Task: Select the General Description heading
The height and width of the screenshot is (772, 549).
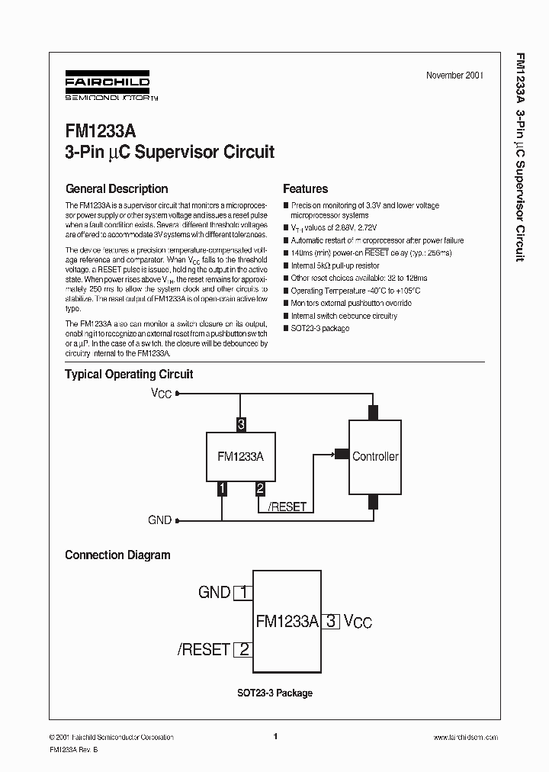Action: [x=117, y=189]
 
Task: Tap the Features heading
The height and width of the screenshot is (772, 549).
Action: [x=305, y=189]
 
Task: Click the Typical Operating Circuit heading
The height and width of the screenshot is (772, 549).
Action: [x=129, y=375]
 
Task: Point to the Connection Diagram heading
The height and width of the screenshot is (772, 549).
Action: [x=117, y=555]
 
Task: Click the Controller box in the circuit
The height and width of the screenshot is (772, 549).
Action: [x=374, y=456]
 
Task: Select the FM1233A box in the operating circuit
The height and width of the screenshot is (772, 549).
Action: [x=240, y=456]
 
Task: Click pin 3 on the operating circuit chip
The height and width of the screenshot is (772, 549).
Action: [x=241, y=425]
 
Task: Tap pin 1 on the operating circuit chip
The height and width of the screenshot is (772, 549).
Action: [x=222, y=489]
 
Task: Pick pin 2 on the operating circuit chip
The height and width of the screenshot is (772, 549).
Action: [x=260, y=489]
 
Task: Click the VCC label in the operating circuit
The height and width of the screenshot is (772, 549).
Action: [x=161, y=394]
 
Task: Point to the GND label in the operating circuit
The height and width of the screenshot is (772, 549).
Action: [x=159, y=520]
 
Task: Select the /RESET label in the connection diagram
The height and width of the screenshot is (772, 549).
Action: [x=204, y=650]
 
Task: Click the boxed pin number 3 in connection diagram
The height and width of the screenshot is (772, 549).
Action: [x=331, y=621]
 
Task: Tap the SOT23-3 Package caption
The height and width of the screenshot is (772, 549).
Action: [x=274, y=693]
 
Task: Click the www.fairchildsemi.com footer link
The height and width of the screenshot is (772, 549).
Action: [x=465, y=738]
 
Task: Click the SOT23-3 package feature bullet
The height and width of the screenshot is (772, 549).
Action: [x=319, y=328]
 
